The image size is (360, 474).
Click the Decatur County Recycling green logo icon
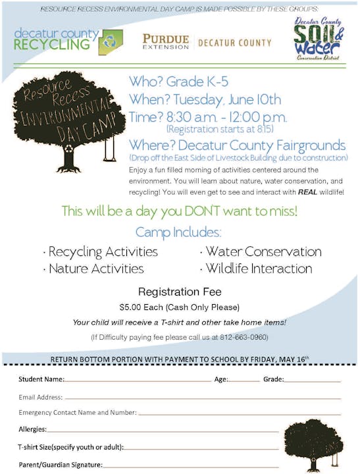(111, 42)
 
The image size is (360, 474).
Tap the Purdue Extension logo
(165, 41)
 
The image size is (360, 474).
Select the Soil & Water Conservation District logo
(318, 39)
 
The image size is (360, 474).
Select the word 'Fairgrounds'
(307, 144)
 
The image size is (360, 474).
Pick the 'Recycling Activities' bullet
(103, 252)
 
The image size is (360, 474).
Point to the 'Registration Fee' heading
(179, 291)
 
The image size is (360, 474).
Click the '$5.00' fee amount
(132, 307)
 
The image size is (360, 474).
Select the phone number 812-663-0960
(245, 337)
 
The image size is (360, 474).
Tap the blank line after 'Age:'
(244, 381)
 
